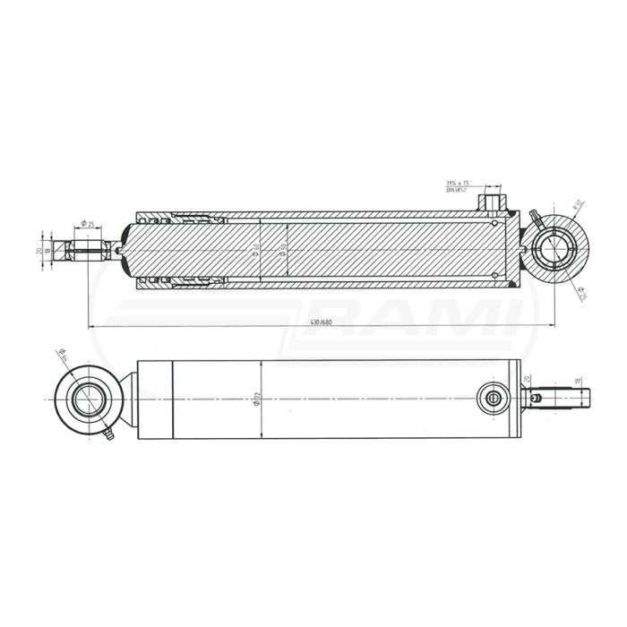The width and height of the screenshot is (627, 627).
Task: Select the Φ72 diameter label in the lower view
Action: coord(256,400)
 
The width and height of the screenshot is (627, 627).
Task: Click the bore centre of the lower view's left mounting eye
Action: coord(87,399)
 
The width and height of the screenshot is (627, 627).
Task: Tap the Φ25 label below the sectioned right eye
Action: coord(582,293)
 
